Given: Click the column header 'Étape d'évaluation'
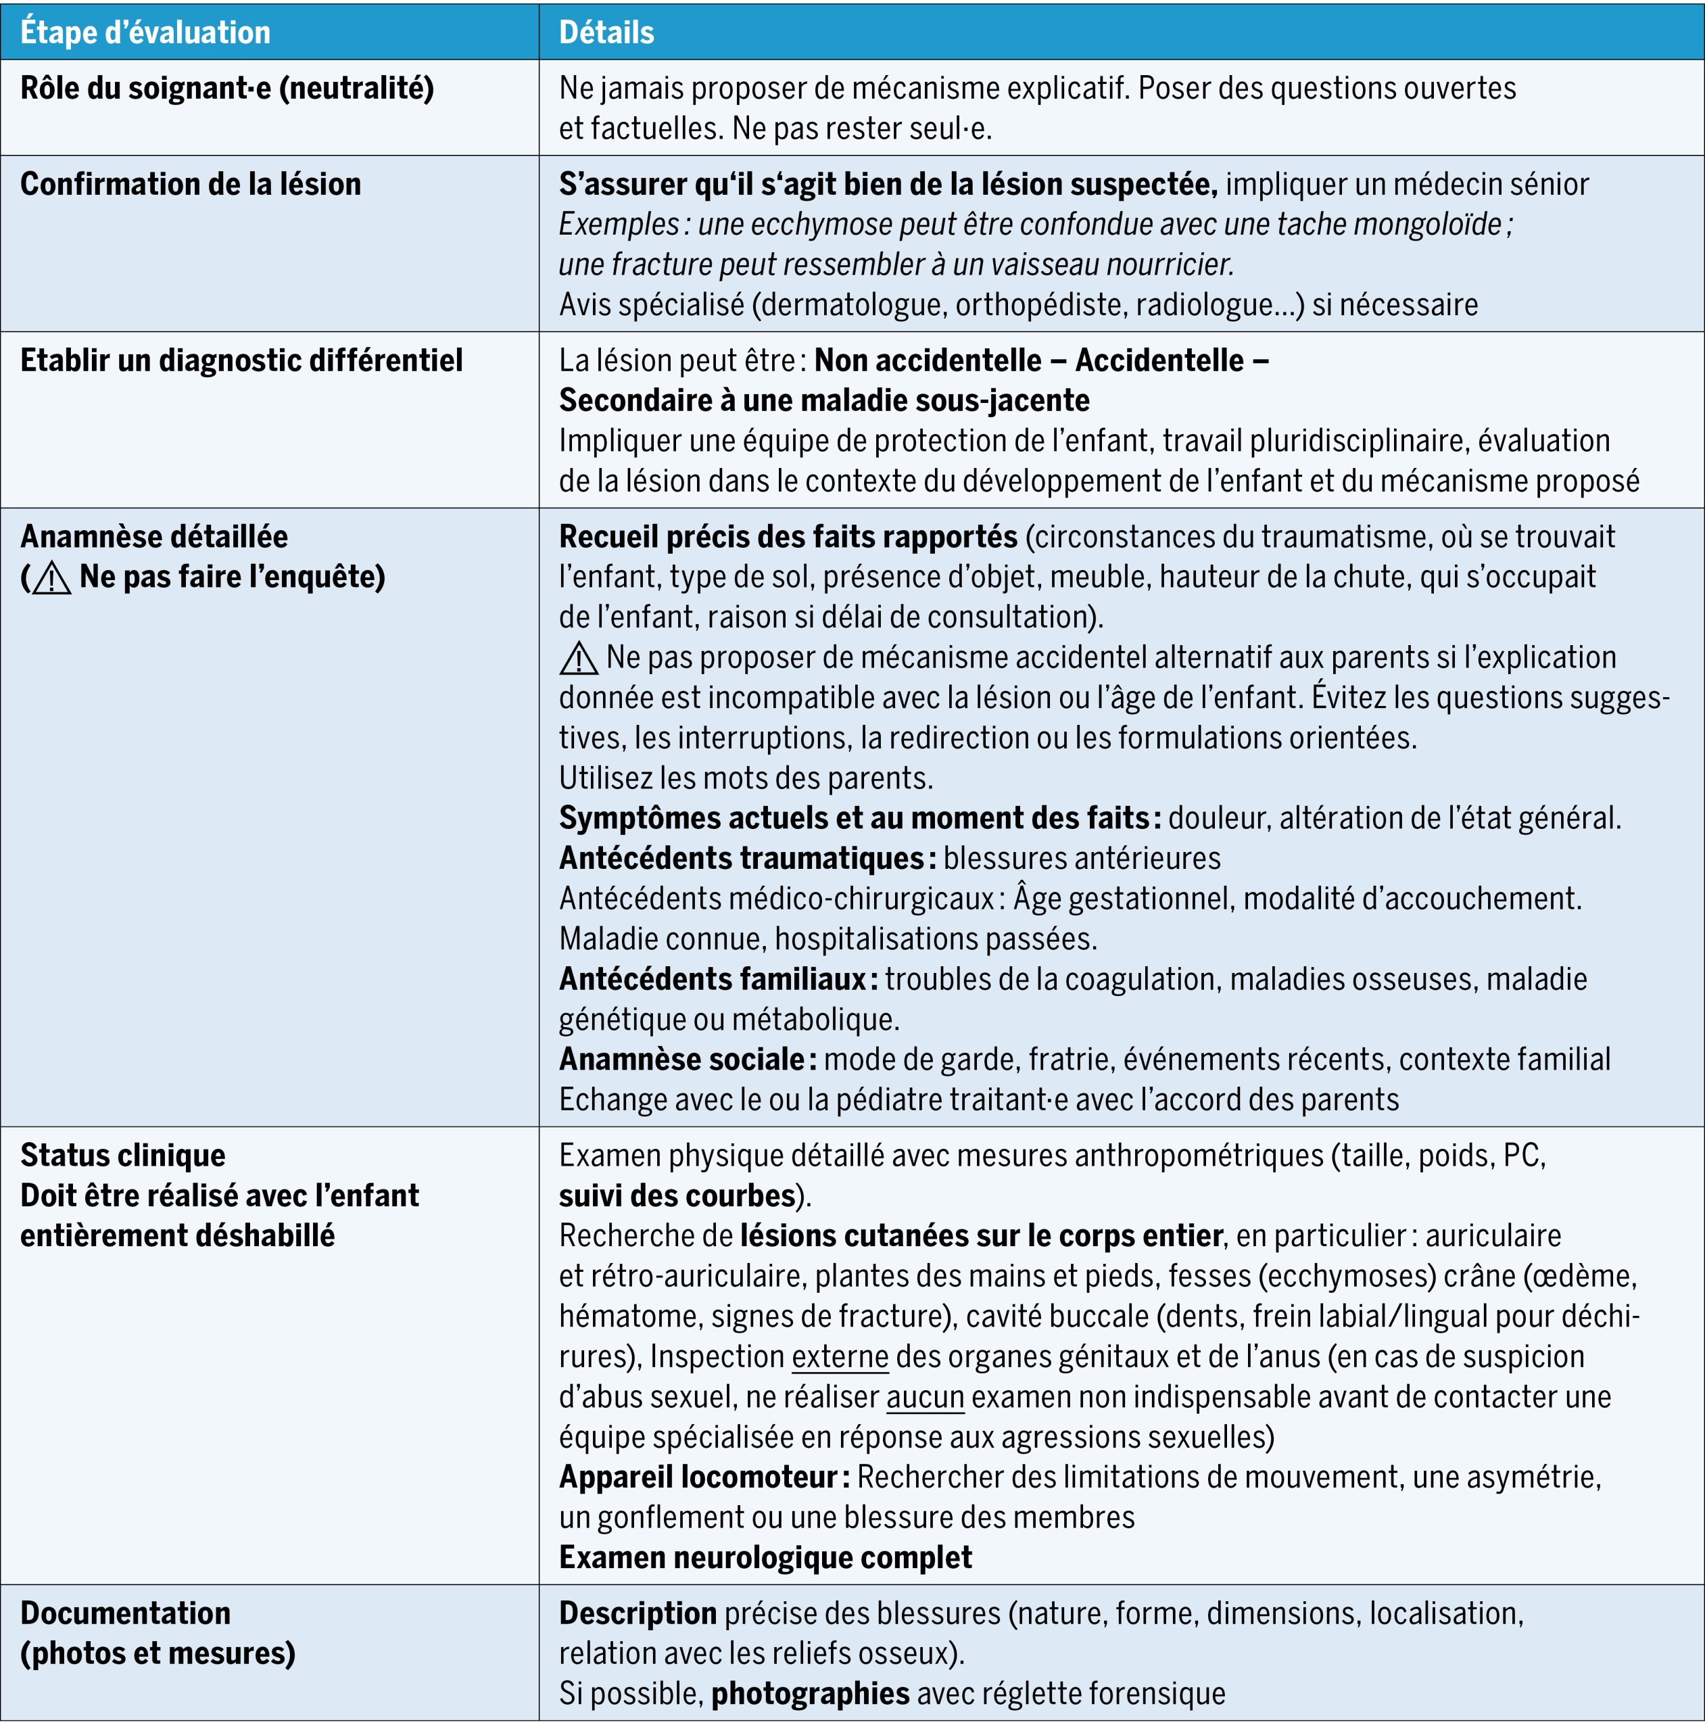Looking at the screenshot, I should [145, 33].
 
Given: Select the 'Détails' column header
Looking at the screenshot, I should [606, 33].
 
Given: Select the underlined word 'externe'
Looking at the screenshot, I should [840, 1356].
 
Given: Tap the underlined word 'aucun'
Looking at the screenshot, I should [925, 1397].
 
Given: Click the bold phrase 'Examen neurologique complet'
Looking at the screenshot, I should [766, 1558].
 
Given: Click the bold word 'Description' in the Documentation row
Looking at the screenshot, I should [638, 1614].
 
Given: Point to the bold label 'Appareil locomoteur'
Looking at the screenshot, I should [698, 1477].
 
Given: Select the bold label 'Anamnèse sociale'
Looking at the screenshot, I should [681, 1060].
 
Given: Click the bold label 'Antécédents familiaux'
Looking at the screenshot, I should [712, 980].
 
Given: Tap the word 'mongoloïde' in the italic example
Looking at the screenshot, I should [1427, 224].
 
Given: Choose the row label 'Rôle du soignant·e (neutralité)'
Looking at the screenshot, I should [227, 89].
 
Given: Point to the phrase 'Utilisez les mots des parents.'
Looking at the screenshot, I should [746, 778].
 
